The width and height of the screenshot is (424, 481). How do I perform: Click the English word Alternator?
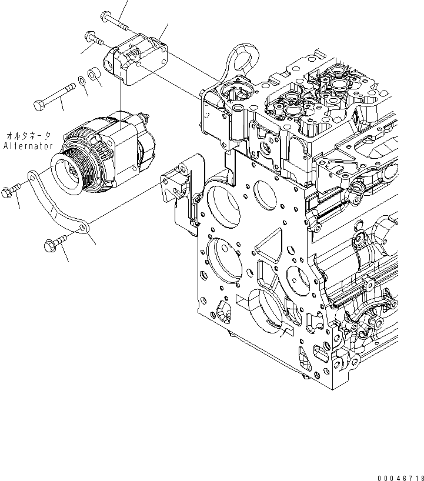pyautogui.click(x=28, y=146)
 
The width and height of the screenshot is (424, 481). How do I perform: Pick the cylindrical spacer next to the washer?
pyautogui.click(x=92, y=75)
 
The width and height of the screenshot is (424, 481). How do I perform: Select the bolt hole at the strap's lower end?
pyautogui.click(x=84, y=226)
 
